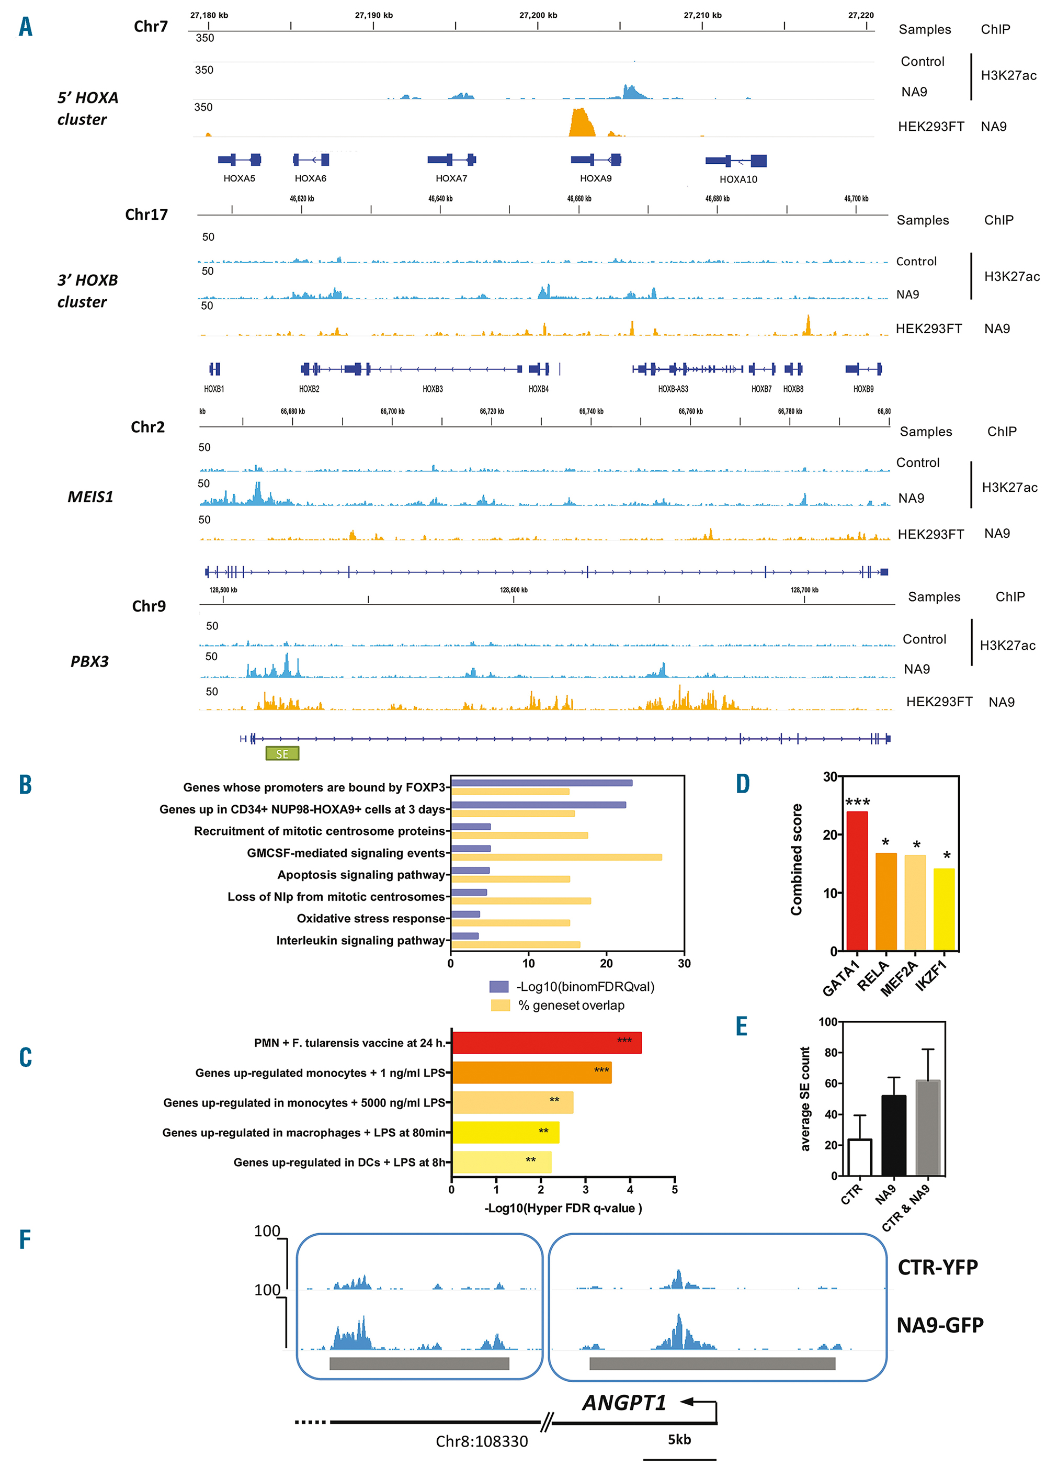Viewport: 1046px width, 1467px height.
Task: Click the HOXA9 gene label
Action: [x=595, y=178]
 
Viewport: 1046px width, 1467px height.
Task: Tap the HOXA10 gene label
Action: [x=738, y=179]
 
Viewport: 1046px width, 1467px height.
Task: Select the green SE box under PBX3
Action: [x=282, y=754]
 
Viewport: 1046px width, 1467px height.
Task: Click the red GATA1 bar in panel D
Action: [x=857, y=882]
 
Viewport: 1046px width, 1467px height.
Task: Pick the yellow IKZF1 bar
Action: [x=943, y=910]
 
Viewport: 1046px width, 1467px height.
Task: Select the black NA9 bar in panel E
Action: [x=893, y=1135]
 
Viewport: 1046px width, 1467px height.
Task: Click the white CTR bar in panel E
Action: [x=860, y=1157]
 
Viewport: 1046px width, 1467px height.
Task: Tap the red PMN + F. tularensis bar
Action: [x=546, y=1042]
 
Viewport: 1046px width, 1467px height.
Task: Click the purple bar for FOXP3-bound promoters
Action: [x=541, y=783]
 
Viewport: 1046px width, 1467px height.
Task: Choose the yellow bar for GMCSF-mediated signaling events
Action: [x=556, y=857]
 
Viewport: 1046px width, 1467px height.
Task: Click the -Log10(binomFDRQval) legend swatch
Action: [x=498, y=986]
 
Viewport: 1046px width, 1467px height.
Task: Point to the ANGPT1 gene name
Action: [x=624, y=1403]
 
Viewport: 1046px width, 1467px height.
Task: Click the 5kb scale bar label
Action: [x=679, y=1439]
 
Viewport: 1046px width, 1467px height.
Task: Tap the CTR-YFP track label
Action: [x=937, y=1267]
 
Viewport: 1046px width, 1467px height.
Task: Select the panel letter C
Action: [x=26, y=1057]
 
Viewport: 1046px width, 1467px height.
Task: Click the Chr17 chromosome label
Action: [x=146, y=215]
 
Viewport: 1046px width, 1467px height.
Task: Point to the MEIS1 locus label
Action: [x=90, y=496]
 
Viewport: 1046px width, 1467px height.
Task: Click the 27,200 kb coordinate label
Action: [x=538, y=15]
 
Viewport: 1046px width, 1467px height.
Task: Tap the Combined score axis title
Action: [x=796, y=860]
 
